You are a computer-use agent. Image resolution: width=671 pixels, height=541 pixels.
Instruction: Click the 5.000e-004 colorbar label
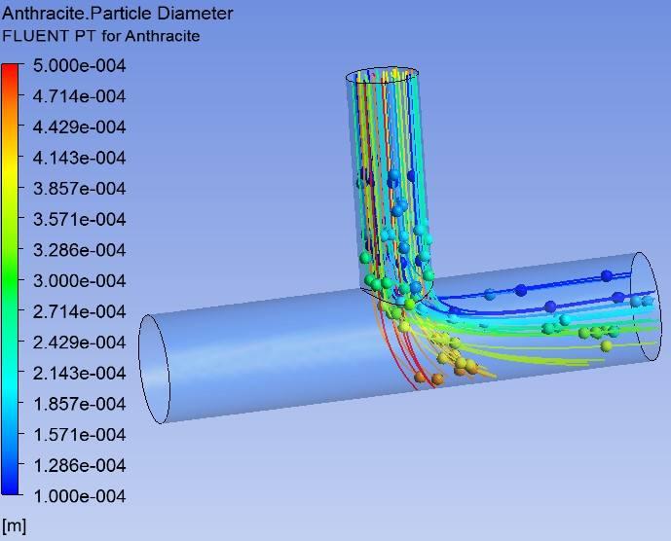pyautogui.click(x=79, y=66)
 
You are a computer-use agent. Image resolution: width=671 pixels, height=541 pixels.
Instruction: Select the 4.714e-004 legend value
pyautogui.click(x=79, y=96)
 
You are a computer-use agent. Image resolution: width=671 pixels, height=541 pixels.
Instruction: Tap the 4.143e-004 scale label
pyautogui.click(x=79, y=158)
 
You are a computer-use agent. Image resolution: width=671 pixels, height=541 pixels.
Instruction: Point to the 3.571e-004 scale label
pyautogui.click(x=79, y=219)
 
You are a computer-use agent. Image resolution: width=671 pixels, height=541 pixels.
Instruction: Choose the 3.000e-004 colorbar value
pyautogui.click(x=79, y=281)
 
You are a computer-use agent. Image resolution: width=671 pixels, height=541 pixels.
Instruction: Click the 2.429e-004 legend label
pyautogui.click(x=79, y=343)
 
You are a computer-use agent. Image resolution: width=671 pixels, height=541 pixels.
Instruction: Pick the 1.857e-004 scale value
pyautogui.click(x=79, y=404)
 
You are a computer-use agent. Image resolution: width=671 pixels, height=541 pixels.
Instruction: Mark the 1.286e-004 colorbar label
pyautogui.click(x=79, y=466)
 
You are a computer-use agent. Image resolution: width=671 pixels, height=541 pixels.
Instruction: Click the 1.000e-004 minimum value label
pyautogui.click(x=79, y=496)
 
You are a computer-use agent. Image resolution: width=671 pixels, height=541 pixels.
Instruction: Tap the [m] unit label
pyautogui.click(x=14, y=525)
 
